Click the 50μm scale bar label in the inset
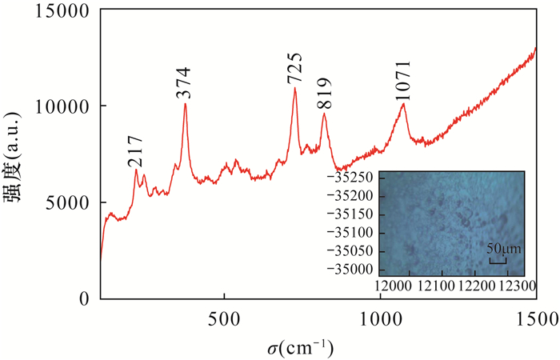pos(503,250)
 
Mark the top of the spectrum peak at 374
pos(185,104)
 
